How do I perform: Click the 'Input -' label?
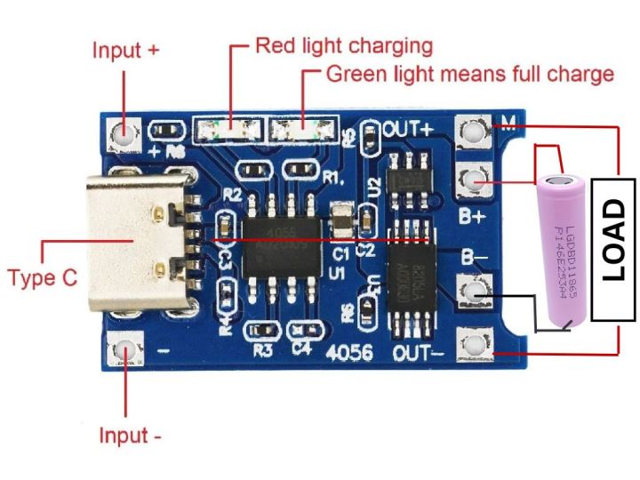[129, 436]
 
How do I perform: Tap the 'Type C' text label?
[42, 277]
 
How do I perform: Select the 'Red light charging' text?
[343, 45]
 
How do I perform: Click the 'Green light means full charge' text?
[469, 73]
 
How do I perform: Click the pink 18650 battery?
[559, 250]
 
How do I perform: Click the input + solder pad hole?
[125, 135]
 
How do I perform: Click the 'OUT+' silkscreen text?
[408, 131]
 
